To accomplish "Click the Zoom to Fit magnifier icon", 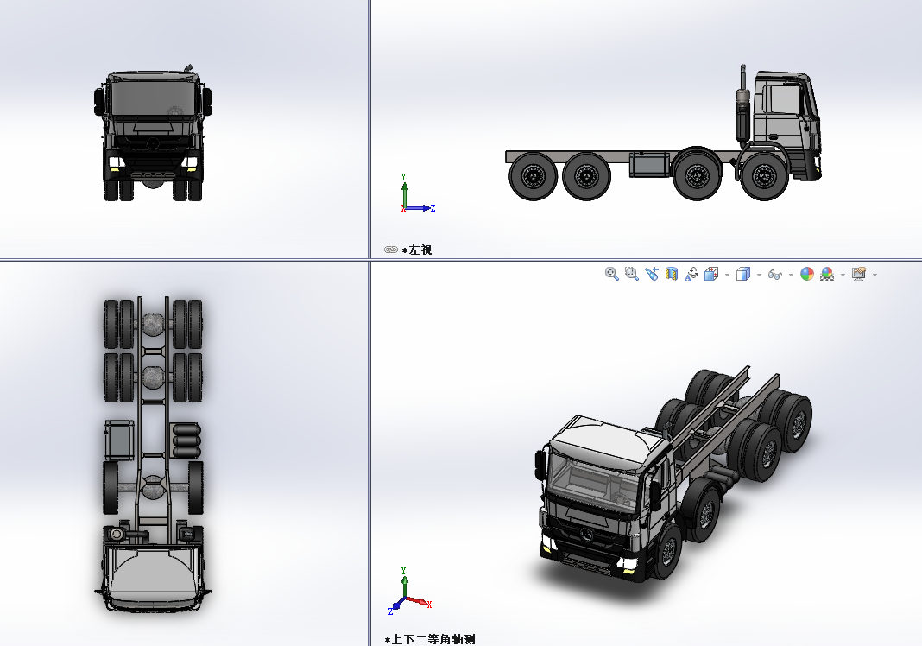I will pyautogui.click(x=612, y=274).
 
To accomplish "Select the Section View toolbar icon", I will pyautogui.click(x=672, y=274).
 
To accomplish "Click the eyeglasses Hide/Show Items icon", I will pyautogui.click(x=774, y=275).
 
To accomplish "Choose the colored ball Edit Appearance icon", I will pyautogui.click(x=807, y=274).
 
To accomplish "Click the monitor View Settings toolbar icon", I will pyautogui.click(x=859, y=274).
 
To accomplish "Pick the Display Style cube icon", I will pyautogui.click(x=742, y=274).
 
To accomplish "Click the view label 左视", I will pyautogui.click(x=420, y=250).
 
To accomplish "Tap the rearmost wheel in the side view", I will pyautogui.click(x=533, y=176).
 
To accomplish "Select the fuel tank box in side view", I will pyautogui.click(x=649, y=164).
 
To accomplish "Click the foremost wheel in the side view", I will pyautogui.click(x=763, y=176).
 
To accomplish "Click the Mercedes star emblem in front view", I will pyautogui.click(x=153, y=142).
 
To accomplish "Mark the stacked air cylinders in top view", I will pyautogui.click(x=186, y=440).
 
